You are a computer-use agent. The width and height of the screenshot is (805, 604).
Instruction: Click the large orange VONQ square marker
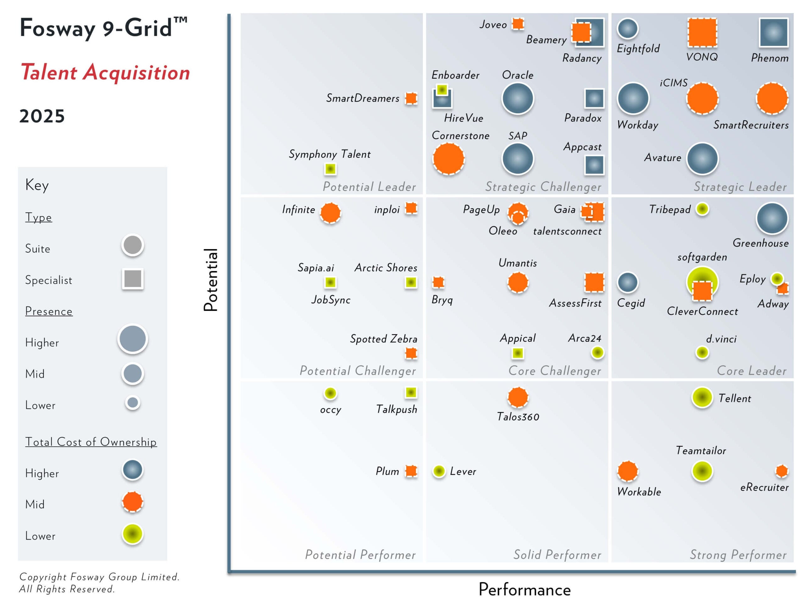[x=702, y=32]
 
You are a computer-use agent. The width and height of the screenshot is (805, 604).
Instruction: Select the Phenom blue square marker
[x=773, y=32]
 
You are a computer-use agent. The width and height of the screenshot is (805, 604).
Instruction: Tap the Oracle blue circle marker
[x=518, y=98]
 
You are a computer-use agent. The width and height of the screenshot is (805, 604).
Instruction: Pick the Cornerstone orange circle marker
[x=448, y=159]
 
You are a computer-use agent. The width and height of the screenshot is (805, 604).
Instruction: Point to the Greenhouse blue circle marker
[x=772, y=218]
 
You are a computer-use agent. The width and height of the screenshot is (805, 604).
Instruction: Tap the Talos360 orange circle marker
[x=518, y=397]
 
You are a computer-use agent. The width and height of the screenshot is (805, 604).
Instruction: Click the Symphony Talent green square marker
[x=330, y=169]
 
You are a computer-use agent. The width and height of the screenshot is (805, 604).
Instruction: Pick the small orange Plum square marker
[x=411, y=471]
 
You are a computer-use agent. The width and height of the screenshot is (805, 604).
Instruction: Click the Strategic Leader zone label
[x=740, y=187]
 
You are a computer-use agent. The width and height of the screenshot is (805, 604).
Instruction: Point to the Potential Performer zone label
[x=360, y=555]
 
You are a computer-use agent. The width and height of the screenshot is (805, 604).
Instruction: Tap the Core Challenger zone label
[x=554, y=371]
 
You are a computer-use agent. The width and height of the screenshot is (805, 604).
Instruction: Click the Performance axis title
[x=525, y=590]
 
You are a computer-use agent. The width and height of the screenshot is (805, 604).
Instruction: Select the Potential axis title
[x=210, y=280]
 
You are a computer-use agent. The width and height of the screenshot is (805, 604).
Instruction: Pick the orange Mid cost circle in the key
[x=132, y=502]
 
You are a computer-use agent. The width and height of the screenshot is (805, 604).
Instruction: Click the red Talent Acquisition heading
[x=105, y=72]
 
